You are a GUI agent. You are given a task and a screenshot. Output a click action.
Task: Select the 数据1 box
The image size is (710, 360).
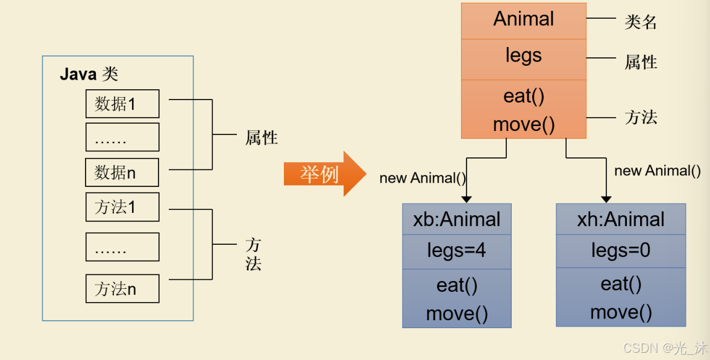point(122,104)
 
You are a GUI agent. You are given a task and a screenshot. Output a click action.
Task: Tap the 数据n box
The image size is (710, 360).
point(122,172)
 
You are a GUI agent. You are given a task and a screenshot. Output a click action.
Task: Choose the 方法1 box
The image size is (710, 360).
point(122,207)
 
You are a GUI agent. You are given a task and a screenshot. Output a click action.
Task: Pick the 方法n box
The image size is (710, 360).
point(122,288)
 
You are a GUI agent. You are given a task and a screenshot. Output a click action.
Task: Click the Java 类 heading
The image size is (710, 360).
point(89,74)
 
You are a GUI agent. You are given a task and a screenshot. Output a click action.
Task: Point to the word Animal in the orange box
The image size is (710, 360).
point(523,19)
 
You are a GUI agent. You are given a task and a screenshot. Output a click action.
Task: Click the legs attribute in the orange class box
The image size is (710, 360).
point(523,56)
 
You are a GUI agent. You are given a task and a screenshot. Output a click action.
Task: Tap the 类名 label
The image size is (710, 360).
point(640,22)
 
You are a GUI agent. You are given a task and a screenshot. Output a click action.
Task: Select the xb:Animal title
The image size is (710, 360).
point(456,219)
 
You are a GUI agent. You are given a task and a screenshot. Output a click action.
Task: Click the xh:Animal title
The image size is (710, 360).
point(621,219)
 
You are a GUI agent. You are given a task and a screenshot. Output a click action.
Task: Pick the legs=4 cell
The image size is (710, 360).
point(456,250)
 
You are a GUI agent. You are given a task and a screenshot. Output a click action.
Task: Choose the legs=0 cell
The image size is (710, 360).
point(621,250)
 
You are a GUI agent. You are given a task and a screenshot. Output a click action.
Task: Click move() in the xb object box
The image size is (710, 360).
point(456,314)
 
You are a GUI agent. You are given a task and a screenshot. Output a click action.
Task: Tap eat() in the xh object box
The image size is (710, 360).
point(621,283)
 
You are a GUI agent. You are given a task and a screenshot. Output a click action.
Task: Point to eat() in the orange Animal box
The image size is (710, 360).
point(523,96)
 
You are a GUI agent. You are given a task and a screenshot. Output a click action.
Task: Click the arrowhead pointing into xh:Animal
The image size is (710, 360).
point(606,198)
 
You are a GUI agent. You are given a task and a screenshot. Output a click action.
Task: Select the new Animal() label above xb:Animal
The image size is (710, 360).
point(423,178)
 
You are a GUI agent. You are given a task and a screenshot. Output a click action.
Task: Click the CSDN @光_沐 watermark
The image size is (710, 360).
point(665,348)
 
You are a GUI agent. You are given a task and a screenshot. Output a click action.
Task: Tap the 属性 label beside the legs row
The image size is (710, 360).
point(640,62)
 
